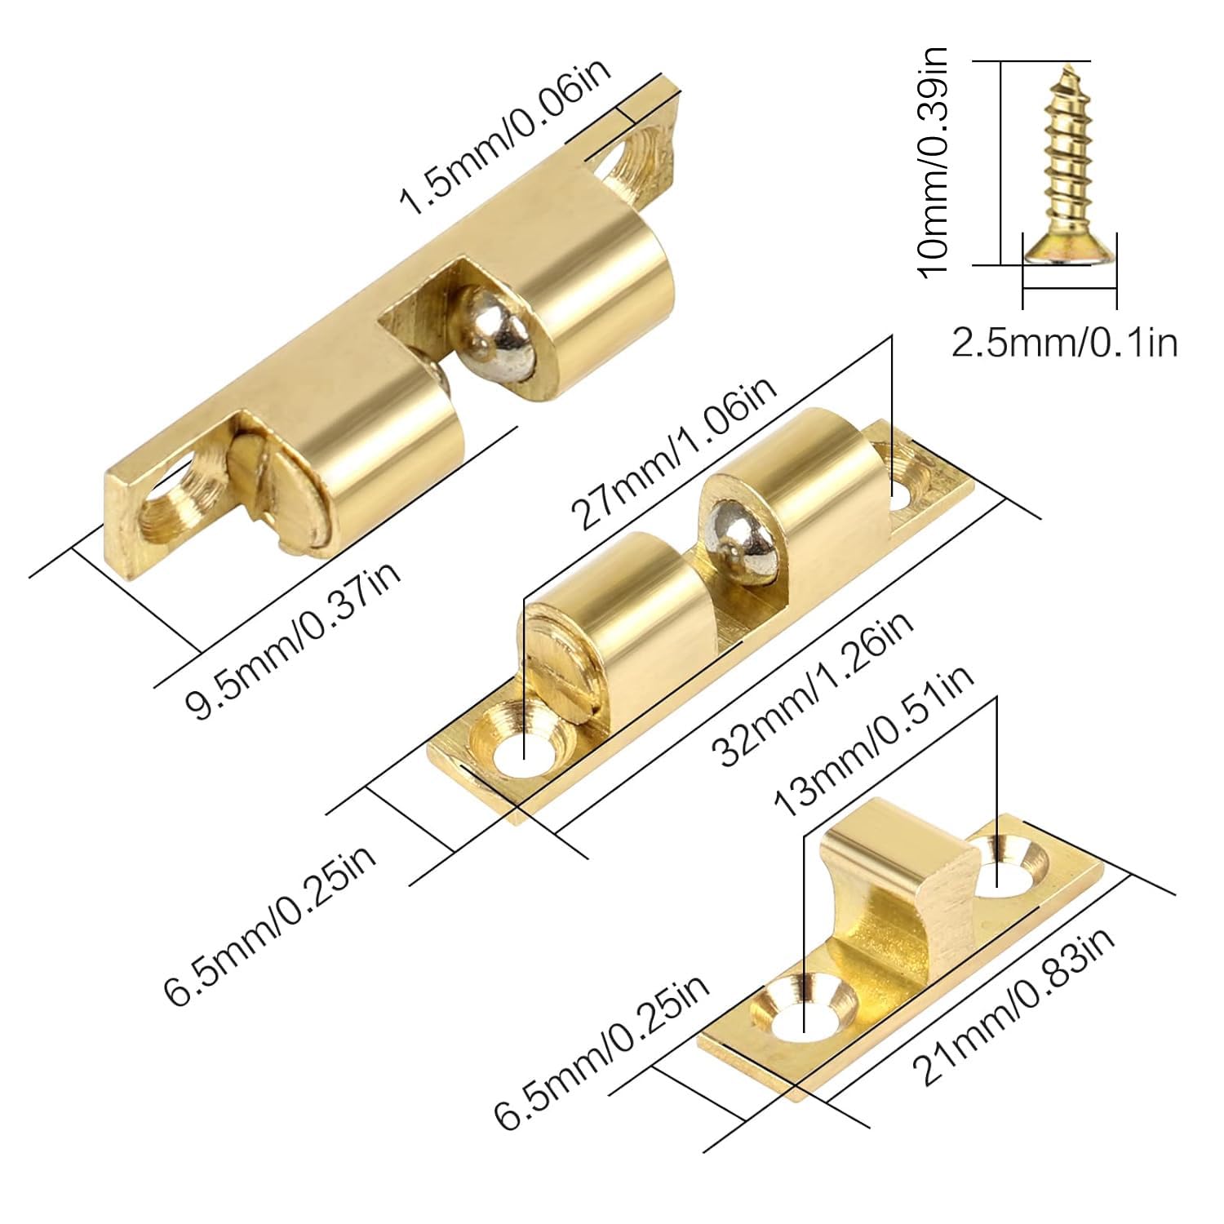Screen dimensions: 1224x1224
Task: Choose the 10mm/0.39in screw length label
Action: click(933, 162)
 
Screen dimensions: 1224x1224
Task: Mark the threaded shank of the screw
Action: click(1068, 155)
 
